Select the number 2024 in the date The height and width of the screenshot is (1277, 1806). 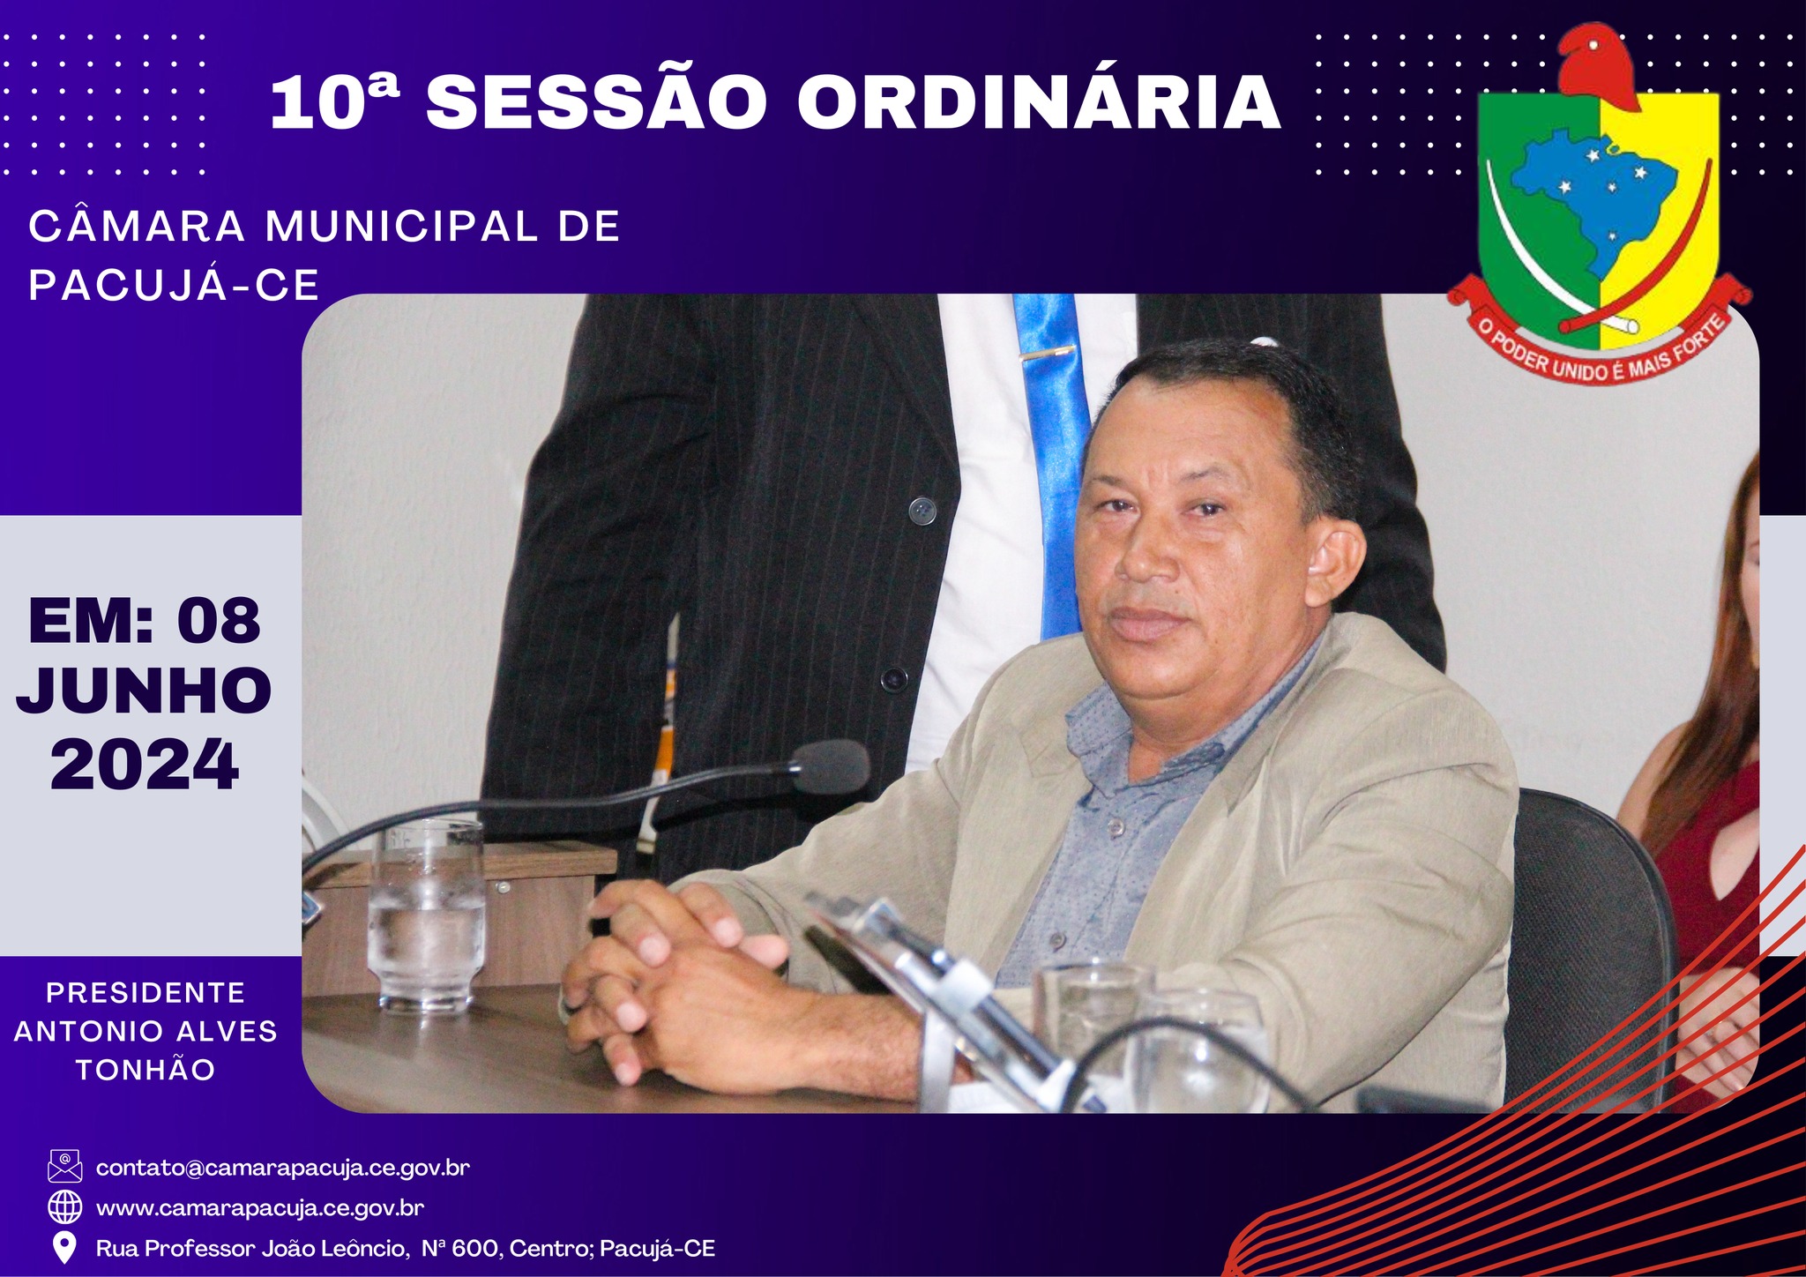point(145,764)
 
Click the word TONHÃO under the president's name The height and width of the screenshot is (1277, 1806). point(146,1070)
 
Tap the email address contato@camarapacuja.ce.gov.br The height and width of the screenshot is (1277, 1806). point(283,1168)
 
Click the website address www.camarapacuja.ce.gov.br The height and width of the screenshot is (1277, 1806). point(260,1207)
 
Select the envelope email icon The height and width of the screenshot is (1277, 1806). point(64,1166)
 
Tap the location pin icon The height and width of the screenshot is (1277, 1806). point(64,1247)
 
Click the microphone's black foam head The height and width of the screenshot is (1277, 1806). point(830,765)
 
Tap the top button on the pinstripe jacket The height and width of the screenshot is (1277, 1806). point(922,510)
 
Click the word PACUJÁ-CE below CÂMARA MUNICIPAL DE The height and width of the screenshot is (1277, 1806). point(174,284)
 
